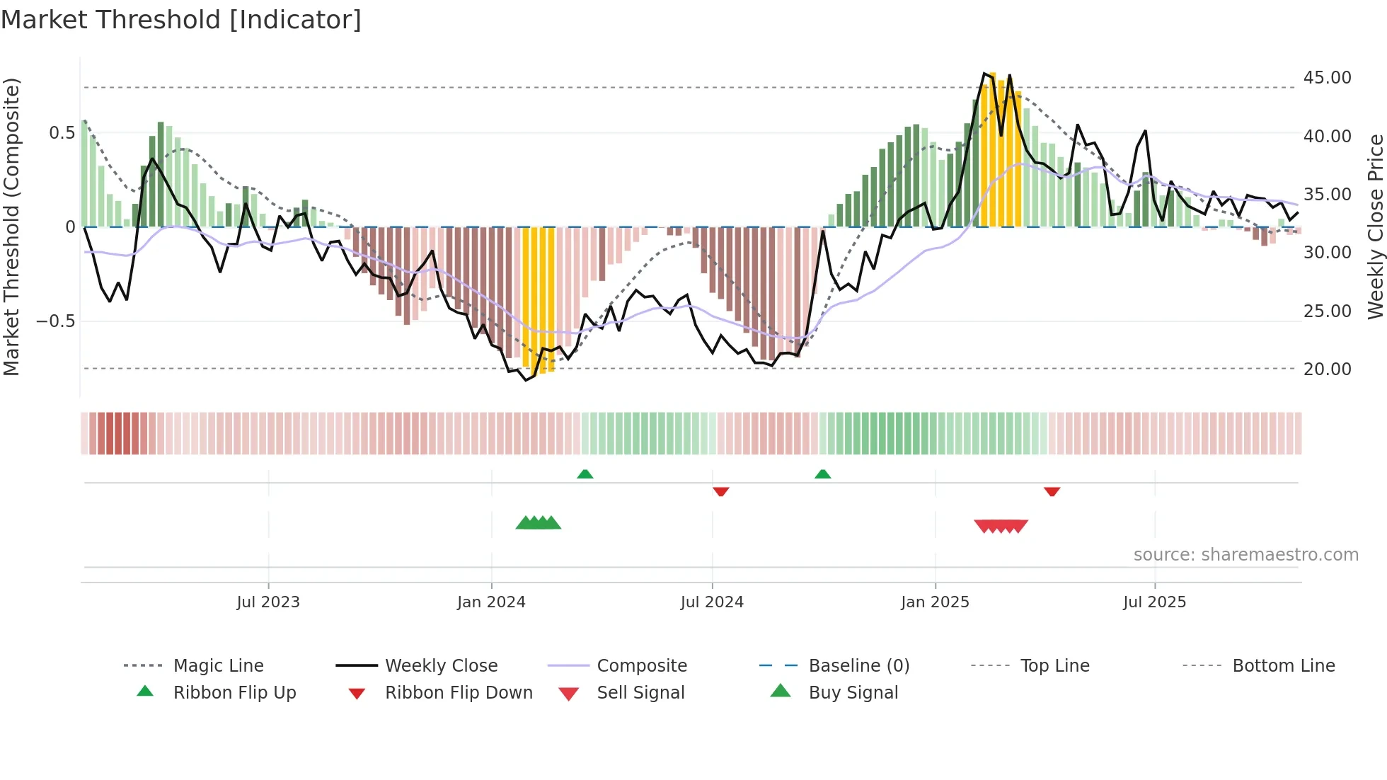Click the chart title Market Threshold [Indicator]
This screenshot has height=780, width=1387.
[x=181, y=20]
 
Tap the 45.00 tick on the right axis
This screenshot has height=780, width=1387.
[x=1327, y=78]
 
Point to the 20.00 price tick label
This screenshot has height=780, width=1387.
[x=1327, y=369]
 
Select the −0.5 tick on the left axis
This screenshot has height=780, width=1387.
[x=55, y=321]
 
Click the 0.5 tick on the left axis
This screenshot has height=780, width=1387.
[x=62, y=133]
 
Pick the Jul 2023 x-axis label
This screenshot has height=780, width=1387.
[x=268, y=602]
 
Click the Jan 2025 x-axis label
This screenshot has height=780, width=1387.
[x=935, y=602]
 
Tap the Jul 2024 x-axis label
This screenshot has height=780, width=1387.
[x=712, y=602]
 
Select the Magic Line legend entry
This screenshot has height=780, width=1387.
[x=218, y=666]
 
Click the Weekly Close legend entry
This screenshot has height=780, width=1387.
[x=441, y=666]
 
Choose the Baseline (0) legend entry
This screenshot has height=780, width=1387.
[x=858, y=666]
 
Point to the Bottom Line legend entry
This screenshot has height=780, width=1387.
[x=1283, y=666]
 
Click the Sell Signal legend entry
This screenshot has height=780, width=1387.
[x=640, y=693]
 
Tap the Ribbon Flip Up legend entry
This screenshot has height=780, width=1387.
[x=234, y=693]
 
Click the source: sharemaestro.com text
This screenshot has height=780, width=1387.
[x=1245, y=555]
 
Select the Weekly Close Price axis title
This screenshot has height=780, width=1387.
[x=1375, y=226]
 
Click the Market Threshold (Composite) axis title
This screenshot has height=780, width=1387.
[x=11, y=226]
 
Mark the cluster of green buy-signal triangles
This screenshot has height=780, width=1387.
[x=539, y=523]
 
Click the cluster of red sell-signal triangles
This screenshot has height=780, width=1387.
[x=1001, y=526]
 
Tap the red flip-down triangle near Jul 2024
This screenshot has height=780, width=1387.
[x=721, y=491]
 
